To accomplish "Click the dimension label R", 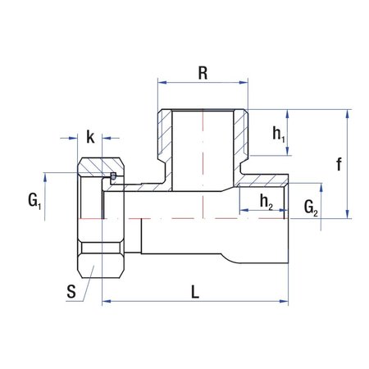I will point(203,71).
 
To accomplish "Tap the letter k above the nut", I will point(90,137).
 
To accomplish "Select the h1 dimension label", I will point(278,131).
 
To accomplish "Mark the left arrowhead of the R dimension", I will point(162,82).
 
